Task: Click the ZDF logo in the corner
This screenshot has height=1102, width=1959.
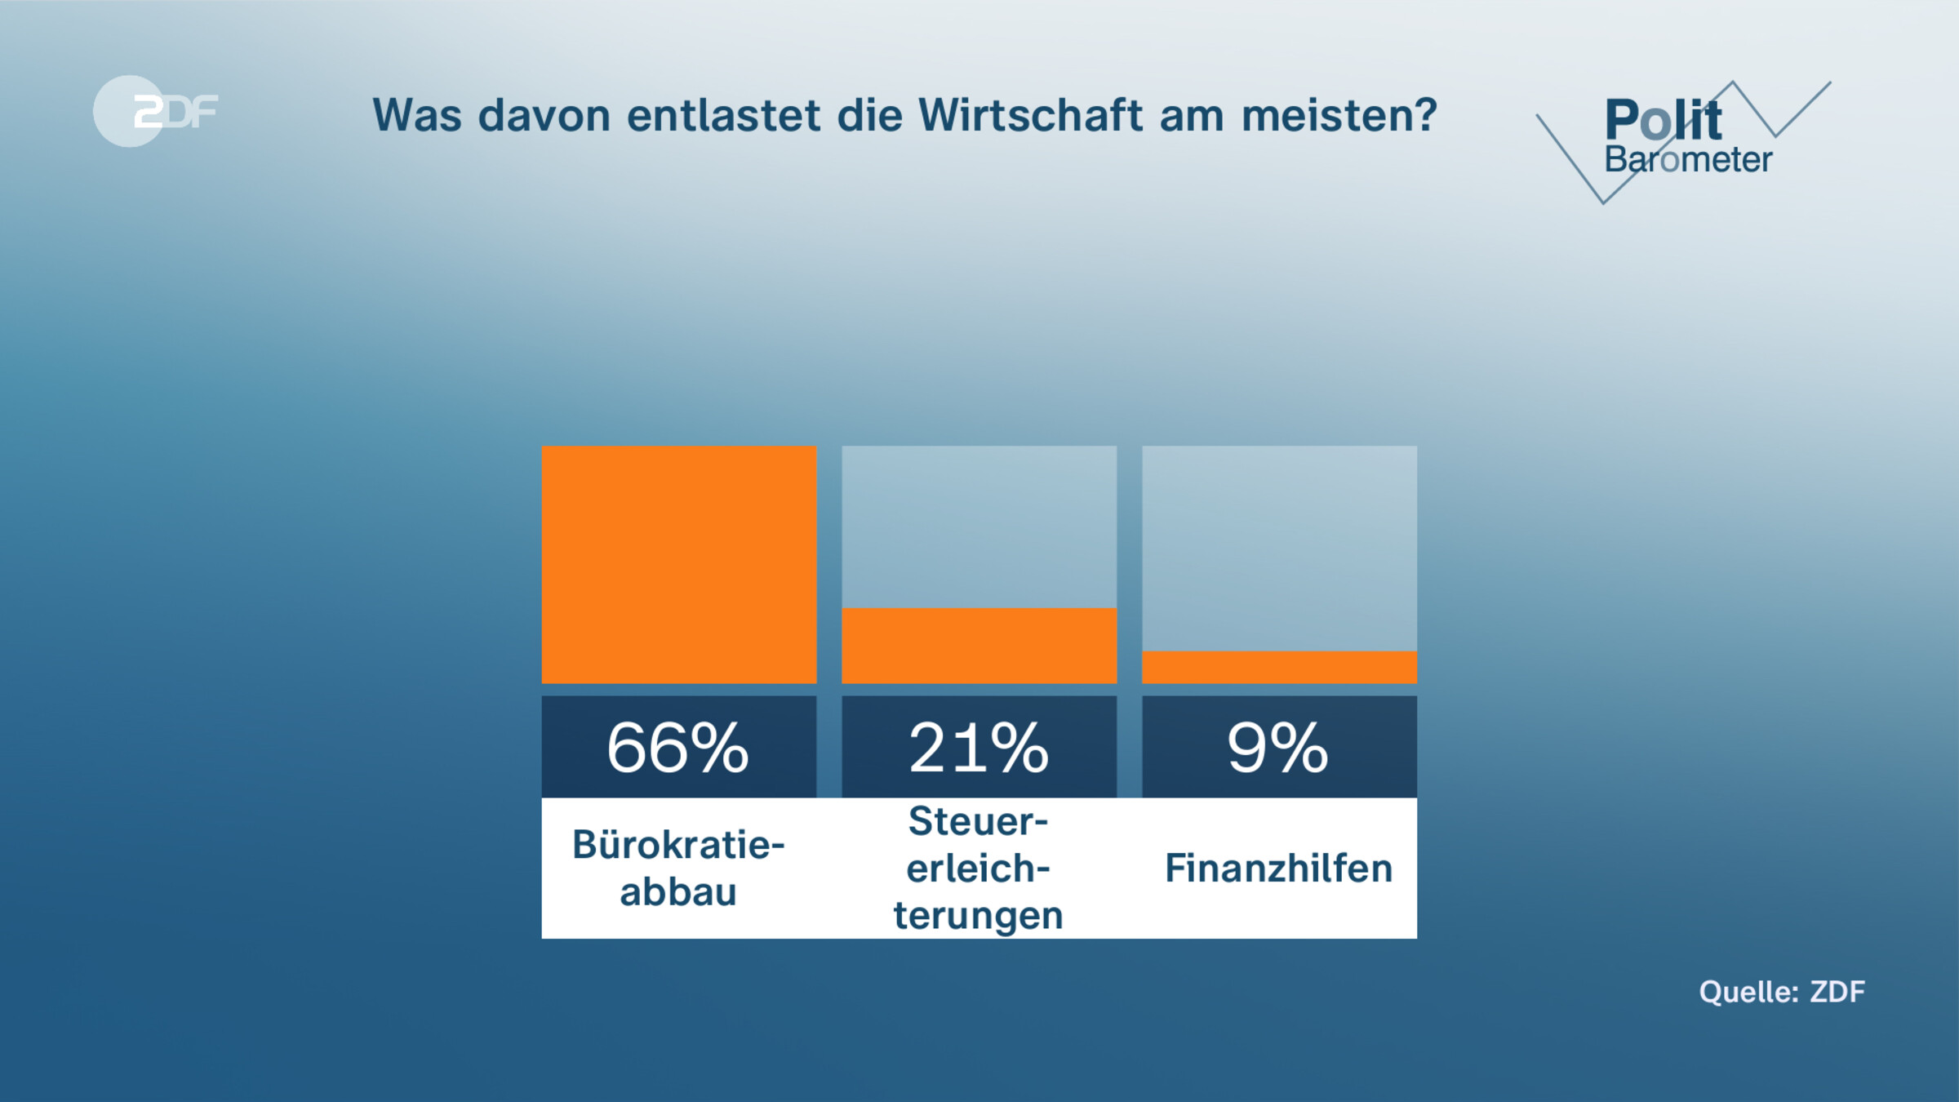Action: pos(155,111)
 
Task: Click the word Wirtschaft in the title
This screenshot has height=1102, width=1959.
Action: pos(1030,115)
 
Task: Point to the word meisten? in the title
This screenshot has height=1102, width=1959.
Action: pos(1339,115)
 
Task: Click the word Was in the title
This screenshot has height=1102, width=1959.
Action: pos(417,115)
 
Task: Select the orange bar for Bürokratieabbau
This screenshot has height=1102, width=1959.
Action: pos(679,564)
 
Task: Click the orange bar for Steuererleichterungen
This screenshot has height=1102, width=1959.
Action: pos(979,646)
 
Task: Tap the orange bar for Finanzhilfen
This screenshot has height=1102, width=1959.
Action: pos(1279,667)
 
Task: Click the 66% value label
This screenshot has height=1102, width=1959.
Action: pos(677,748)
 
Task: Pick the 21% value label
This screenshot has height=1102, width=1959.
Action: pos(979,748)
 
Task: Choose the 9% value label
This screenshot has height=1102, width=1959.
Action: pos(1278,748)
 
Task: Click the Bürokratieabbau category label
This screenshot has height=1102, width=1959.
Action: pos(678,868)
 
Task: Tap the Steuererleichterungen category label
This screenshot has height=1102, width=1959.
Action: pos(979,868)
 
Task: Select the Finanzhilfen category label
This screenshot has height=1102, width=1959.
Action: pos(1278,869)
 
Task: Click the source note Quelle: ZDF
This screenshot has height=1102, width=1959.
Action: pos(1782,992)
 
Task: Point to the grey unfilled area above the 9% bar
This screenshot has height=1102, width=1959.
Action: pos(1279,548)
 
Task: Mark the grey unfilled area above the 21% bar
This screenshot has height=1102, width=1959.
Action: pos(979,527)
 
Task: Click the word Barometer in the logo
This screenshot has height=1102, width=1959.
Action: pos(1688,160)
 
